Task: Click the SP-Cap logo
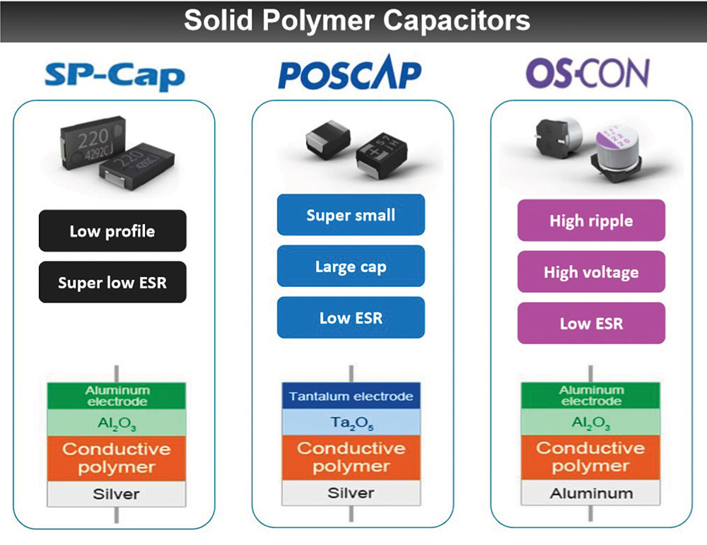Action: point(115,76)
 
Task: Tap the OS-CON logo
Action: point(588,73)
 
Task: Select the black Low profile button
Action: point(112,231)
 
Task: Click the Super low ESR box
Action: point(112,282)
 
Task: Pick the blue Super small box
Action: point(351,215)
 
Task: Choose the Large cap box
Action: point(351,266)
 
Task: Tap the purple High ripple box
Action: point(591,221)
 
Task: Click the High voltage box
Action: point(591,272)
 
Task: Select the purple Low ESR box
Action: point(591,323)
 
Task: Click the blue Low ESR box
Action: point(351,317)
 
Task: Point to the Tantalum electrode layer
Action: point(351,396)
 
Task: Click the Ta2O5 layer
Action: point(351,423)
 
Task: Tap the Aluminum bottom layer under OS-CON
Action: point(590,493)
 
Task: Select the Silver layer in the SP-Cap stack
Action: point(117,494)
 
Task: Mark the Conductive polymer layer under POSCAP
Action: point(351,457)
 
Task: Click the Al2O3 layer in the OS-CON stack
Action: point(590,423)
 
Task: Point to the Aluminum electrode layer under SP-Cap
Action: point(117,396)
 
